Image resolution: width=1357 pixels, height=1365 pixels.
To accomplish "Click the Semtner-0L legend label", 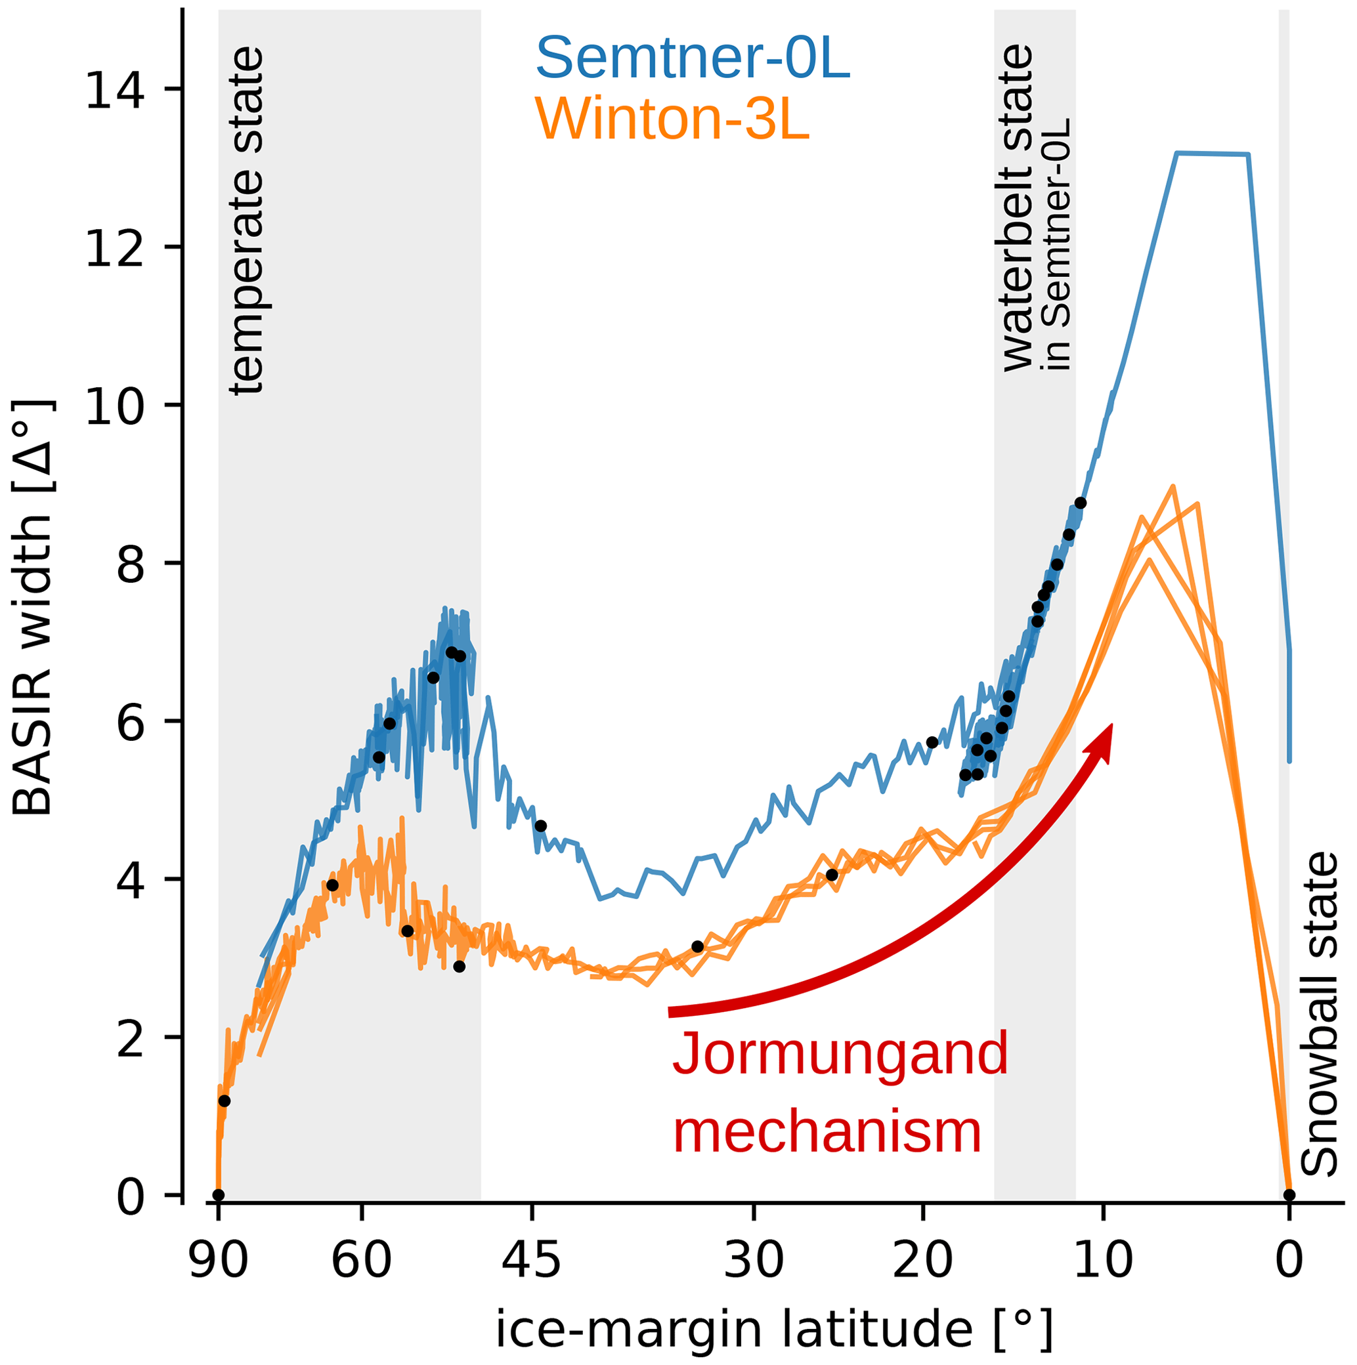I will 692,59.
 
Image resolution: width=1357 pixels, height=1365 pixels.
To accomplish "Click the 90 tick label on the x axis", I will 219,1259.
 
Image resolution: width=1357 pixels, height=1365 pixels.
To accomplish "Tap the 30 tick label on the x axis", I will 754,1259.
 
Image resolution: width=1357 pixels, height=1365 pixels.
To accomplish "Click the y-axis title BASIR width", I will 33,606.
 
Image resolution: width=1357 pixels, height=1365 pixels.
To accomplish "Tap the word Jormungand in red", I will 840,1053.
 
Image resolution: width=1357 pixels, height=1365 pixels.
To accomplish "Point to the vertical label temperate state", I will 248,220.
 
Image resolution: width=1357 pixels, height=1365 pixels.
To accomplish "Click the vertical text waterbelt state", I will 1018,209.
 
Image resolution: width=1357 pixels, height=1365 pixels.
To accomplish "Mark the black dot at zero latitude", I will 1289,1196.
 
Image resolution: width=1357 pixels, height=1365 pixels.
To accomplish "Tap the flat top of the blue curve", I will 1212,154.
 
